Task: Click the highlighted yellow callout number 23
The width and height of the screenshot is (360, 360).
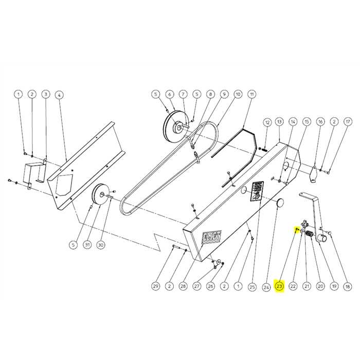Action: [279, 286]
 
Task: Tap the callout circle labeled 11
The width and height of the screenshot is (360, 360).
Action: [251, 94]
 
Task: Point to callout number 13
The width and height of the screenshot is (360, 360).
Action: [279, 122]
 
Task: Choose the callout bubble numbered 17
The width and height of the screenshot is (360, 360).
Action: [348, 122]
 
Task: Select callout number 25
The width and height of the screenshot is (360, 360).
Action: [251, 286]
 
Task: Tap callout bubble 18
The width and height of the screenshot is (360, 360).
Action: [348, 286]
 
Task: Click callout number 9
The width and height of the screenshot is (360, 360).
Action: [224, 94]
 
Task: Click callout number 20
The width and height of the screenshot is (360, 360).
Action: [320, 286]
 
